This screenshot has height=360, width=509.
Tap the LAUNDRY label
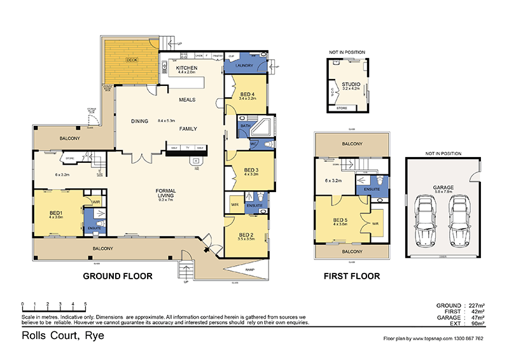[x=244, y=66]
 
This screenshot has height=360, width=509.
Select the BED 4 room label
[x=247, y=94]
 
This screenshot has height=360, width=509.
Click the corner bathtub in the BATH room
[x=263, y=126]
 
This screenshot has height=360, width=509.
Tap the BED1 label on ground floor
[x=55, y=212]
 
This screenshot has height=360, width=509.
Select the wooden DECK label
[x=132, y=60]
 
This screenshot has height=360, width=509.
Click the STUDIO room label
[x=351, y=84]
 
